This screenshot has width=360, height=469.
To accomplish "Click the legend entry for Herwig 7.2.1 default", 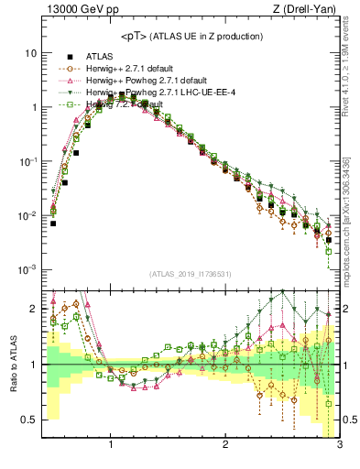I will click(119, 105).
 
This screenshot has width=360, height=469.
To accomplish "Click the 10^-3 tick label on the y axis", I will click(27, 269).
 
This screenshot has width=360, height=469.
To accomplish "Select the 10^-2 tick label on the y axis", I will click(27, 215).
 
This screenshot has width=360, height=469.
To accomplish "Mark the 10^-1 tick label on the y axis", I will click(27, 161).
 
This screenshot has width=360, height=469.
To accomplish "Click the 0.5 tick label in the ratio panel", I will click(28, 420).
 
